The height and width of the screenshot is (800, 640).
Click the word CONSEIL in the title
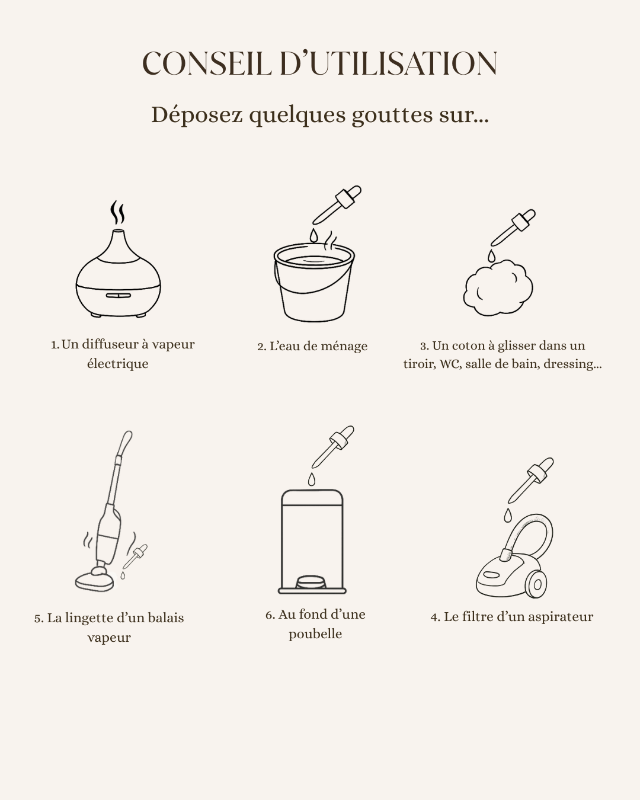coord(207,63)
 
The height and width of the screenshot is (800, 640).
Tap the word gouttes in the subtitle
coord(392,115)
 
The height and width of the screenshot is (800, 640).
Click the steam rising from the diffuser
coord(117,212)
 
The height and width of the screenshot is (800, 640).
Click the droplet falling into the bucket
coord(314,236)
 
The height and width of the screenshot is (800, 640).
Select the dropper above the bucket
coord(337,205)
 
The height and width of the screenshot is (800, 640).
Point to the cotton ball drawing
coord(498,288)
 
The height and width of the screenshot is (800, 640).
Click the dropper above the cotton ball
coord(513,228)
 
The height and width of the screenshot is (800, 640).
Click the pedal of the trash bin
coord(311,582)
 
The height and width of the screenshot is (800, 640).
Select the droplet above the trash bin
coord(312,479)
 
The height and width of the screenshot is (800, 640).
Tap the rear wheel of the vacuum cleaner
coord(536,584)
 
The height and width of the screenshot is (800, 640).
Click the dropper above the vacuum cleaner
coord(531,480)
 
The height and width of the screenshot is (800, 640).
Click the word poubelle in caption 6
coord(315,634)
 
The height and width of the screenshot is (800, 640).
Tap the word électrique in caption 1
coord(118,364)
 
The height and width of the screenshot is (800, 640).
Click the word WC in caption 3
coord(450,364)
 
